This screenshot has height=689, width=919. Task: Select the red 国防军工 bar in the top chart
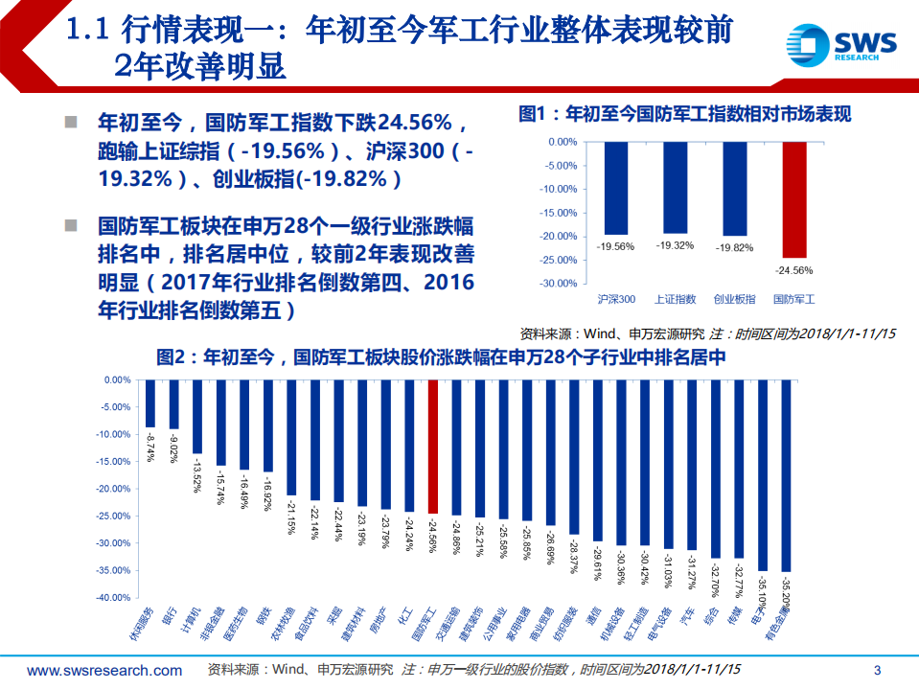[794, 199]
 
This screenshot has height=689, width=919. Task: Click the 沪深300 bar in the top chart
[615, 188]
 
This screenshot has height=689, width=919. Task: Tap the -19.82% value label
[734, 247]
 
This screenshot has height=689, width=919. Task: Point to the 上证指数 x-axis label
[675, 299]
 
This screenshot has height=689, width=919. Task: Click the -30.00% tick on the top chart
[558, 284]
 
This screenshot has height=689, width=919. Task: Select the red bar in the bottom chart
[432, 447]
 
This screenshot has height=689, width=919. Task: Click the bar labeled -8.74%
[149, 403]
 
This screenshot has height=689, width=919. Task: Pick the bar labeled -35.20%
[786, 475]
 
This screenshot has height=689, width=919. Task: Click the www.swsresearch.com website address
[104, 670]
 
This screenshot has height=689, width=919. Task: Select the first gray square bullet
[70, 123]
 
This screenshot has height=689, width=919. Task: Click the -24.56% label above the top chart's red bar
[793, 269]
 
